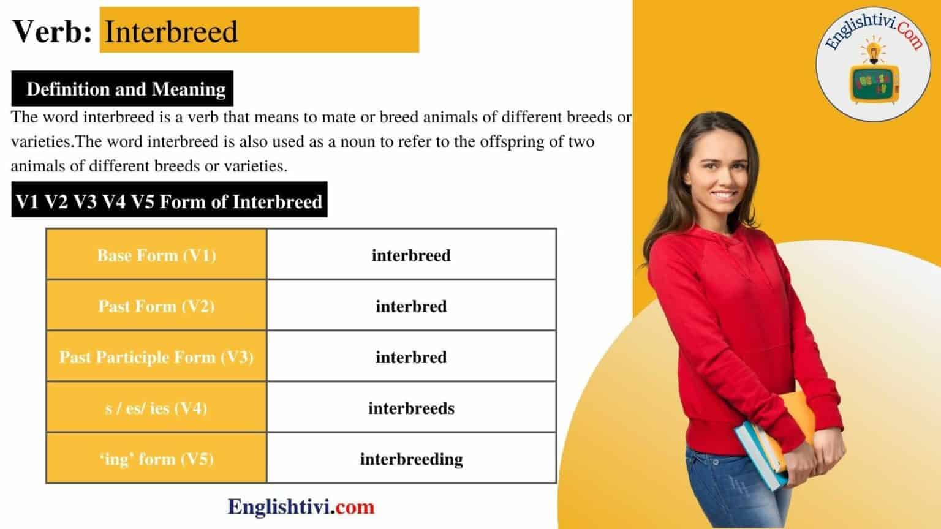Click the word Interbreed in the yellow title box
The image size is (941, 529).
(x=171, y=31)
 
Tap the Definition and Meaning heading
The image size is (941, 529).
(x=126, y=89)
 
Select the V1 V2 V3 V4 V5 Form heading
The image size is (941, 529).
(x=169, y=201)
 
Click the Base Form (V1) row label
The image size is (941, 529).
(x=156, y=255)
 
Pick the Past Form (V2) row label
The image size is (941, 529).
(x=156, y=306)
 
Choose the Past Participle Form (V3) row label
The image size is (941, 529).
(x=156, y=357)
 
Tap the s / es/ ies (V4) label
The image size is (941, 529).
(x=156, y=408)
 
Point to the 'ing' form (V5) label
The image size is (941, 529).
(x=156, y=459)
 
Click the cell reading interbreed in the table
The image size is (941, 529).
(x=411, y=255)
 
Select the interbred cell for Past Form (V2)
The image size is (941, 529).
(x=411, y=306)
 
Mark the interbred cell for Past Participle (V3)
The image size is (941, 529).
(x=411, y=357)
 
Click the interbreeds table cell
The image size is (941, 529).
(x=411, y=408)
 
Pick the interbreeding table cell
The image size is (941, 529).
(x=411, y=459)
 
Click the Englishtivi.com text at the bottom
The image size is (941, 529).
(x=301, y=506)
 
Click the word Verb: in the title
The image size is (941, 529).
(x=52, y=31)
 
